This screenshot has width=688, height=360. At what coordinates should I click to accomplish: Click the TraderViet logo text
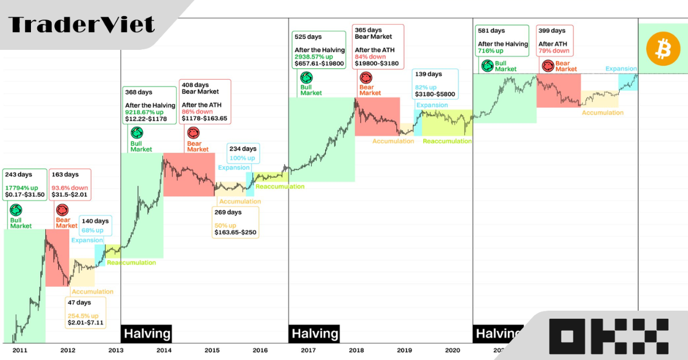(82, 25)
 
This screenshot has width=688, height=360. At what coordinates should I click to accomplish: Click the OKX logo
(609, 335)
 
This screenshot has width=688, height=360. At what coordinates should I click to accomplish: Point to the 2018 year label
(356, 350)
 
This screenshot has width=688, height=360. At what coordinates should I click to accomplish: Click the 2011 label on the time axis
(19, 350)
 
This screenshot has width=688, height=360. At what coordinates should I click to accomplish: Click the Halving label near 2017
(314, 334)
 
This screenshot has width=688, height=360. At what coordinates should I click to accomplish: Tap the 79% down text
(553, 51)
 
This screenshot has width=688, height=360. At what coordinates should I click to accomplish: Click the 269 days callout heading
(228, 212)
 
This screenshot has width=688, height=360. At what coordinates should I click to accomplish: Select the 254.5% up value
(83, 315)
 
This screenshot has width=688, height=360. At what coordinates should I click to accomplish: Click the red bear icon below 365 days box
(365, 78)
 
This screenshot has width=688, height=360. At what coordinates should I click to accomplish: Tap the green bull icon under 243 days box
(15, 210)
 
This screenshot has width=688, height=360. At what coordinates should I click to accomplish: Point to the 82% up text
(425, 87)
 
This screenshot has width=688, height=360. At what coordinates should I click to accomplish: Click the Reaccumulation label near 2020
(447, 141)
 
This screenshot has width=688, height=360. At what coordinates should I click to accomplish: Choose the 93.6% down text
(70, 187)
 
